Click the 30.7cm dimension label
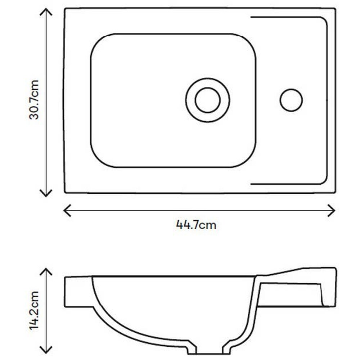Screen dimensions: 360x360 (x=34, y=100)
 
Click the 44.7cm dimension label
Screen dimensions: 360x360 (x=196, y=225)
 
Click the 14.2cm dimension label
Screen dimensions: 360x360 (x=34, y=310)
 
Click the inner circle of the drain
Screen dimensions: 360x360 (x=208, y=88)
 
